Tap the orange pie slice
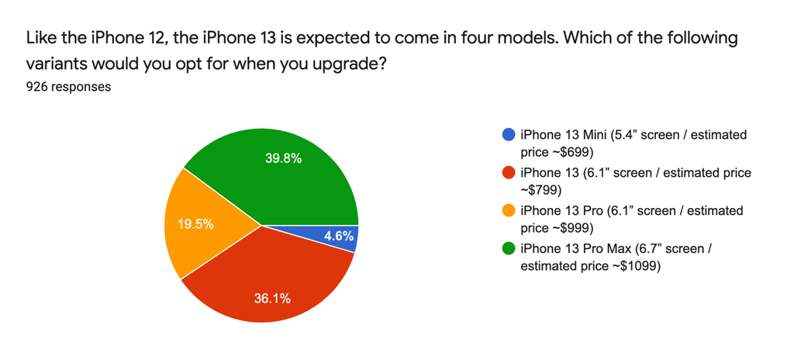202,223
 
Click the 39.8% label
284,159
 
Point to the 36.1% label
272,299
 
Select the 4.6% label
338,237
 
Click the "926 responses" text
69,87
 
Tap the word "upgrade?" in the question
350,65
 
